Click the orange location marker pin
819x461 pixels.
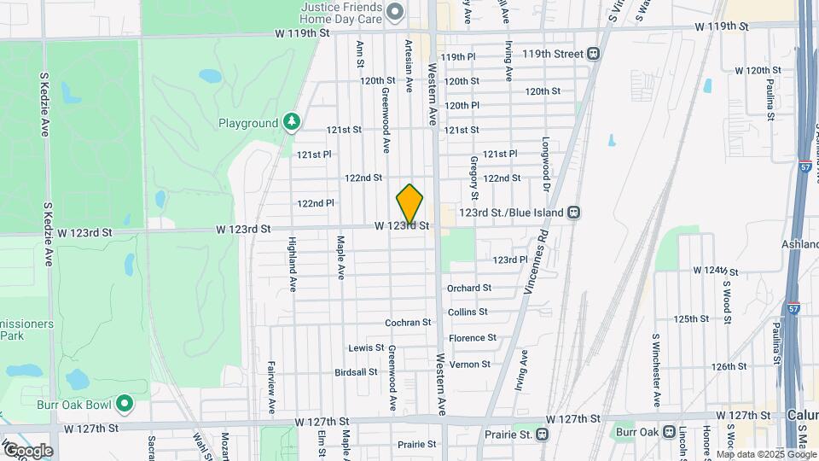click(x=409, y=203)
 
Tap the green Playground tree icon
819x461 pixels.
click(x=293, y=123)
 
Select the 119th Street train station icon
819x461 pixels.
click(x=593, y=53)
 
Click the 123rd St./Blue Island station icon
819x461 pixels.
click(x=575, y=212)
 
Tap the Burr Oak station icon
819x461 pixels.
click(x=669, y=433)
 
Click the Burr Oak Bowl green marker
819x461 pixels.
click(x=125, y=401)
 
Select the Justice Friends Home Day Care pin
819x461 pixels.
click(x=394, y=11)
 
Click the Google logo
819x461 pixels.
click(x=27, y=450)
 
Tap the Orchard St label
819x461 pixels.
click(x=469, y=289)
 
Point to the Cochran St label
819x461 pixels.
click(x=408, y=323)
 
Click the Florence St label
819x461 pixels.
click(x=473, y=338)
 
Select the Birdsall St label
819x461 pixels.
click(x=356, y=372)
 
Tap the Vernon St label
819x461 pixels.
click(x=469, y=365)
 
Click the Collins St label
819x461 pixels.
click(x=468, y=312)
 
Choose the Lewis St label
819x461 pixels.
click(x=366, y=348)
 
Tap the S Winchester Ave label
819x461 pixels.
click(x=656, y=370)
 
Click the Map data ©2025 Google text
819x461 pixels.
click(x=766, y=454)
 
